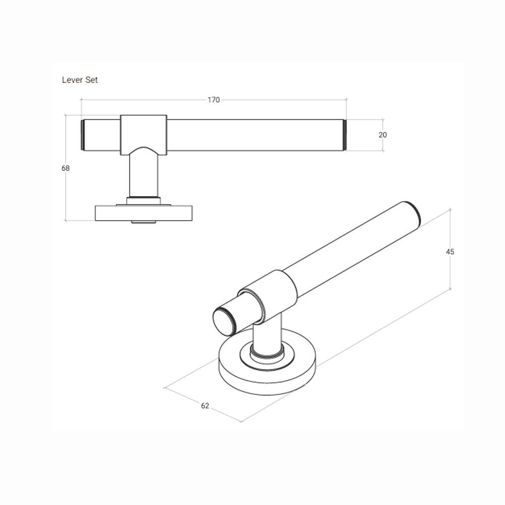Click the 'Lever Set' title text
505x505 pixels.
pos(80,80)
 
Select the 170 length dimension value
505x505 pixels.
pos(214,100)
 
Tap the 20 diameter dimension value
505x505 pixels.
pos(382,135)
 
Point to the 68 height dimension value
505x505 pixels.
pos(66,168)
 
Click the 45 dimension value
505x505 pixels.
pos(450,251)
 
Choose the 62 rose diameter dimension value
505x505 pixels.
pos(205,406)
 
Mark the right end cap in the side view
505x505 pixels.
pos(345,135)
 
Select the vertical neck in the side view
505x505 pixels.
pos(143,174)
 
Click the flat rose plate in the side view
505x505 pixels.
pos(143,213)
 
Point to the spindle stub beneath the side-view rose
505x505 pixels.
pos(143,222)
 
